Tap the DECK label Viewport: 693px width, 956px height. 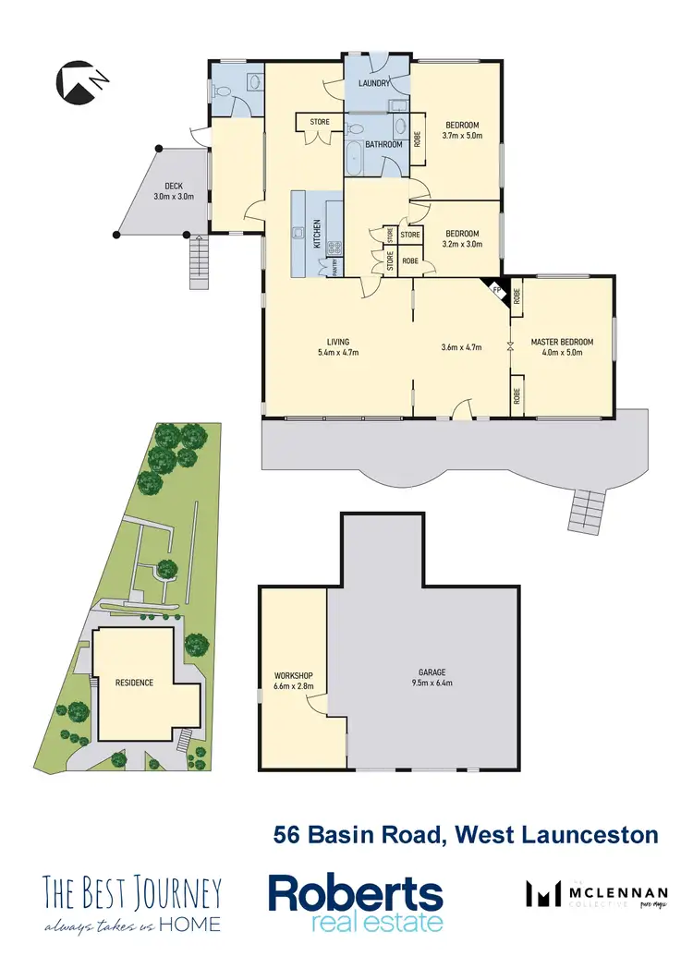pyautogui.click(x=174, y=185)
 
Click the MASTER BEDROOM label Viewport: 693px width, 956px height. pyautogui.click(x=562, y=342)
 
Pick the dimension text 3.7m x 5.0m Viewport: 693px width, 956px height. pyautogui.click(x=462, y=136)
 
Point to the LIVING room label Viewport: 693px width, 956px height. pyautogui.click(x=337, y=342)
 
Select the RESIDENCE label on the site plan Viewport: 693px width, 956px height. pyautogui.click(x=134, y=683)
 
